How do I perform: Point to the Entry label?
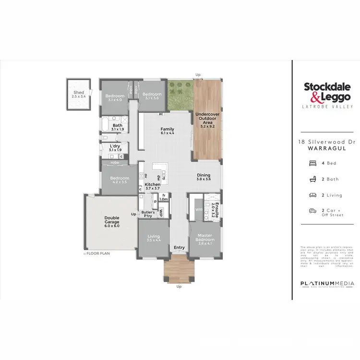[x=179, y=248]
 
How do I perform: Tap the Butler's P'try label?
[x=148, y=214]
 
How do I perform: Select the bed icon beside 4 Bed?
[x=313, y=163]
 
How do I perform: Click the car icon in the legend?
[x=313, y=210]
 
